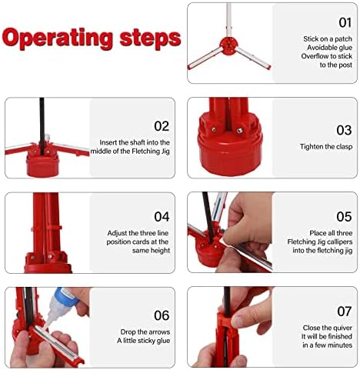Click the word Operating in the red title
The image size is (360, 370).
point(58,38)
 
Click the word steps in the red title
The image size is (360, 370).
point(151,38)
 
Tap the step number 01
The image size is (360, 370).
point(345,22)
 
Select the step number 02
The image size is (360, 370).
point(162,126)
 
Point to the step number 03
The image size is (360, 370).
point(344,130)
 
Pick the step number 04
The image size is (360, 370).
point(162,217)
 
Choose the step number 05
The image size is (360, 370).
point(344,217)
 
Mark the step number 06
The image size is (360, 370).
point(162,315)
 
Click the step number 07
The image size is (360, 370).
point(345,312)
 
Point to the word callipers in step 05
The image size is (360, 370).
point(339,242)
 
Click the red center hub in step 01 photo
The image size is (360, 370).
point(228,46)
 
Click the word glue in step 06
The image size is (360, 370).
point(163,341)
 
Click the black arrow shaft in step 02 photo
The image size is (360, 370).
point(42,125)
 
